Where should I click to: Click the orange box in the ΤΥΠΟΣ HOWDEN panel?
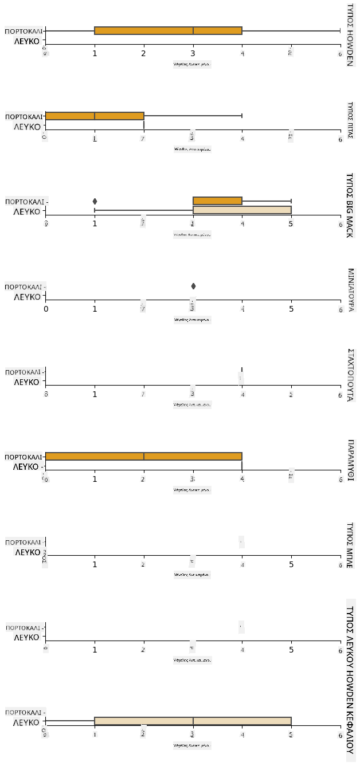click(168, 30)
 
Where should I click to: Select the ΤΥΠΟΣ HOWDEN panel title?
click(350, 34)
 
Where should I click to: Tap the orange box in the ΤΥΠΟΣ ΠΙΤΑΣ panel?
click(95, 116)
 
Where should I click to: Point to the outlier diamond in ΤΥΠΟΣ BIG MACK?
click(95, 201)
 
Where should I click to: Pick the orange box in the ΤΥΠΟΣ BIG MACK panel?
click(217, 201)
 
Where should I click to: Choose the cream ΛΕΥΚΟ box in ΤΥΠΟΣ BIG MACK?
click(242, 210)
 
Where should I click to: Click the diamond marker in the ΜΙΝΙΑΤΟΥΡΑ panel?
click(193, 286)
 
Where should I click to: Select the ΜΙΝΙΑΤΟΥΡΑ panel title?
click(350, 289)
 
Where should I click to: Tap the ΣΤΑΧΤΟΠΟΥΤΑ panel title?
click(350, 374)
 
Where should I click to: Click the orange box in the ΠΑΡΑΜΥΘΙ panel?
click(143, 457)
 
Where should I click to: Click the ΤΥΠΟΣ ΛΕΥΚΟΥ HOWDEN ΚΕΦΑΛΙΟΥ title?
click(350, 682)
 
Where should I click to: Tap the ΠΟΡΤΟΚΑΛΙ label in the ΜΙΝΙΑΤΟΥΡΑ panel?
click(24, 286)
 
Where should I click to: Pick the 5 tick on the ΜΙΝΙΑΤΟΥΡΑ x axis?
click(291, 309)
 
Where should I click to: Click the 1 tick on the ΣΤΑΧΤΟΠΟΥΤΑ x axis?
click(95, 394)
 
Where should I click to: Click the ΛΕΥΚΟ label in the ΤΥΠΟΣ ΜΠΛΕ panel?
click(28, 552)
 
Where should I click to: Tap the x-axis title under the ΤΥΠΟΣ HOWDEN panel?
click(193, 65)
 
